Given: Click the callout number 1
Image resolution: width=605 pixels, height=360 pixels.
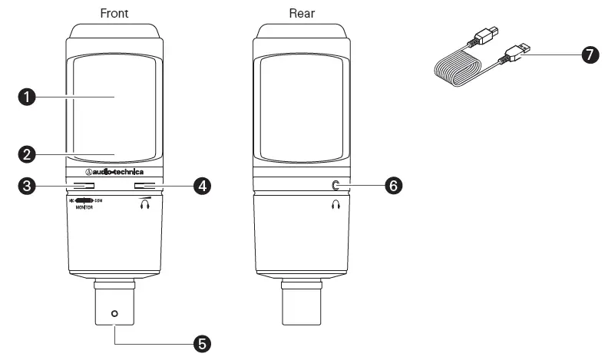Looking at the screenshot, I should pyautogui.click(x=27, y=97).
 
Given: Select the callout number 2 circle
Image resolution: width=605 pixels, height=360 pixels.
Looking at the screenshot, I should pyautogui.click(x=27, y=154).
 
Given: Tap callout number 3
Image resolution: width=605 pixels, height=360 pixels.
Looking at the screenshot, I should pyautogui.click(x=27, y=186).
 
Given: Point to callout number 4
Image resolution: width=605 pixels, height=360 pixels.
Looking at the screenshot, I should pyautogui.click(x=202, y=186).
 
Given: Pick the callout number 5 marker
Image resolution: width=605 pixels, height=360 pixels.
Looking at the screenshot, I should pyautogui.click(x=202, y=342).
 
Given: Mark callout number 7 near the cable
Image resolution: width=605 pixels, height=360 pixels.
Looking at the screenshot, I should pyautogui.click(x=590, y=56).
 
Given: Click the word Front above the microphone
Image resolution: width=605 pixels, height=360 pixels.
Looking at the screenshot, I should pyautogui.click(x=114, y=13).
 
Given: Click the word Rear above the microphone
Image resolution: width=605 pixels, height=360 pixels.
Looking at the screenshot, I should pyautogui.click(x=301, y=13).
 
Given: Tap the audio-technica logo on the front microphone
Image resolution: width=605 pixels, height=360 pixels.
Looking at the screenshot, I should pyautogui.click(x=114, y=172).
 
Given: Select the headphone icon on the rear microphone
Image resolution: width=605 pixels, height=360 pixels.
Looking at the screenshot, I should pyautogui.click(x=336, y=205).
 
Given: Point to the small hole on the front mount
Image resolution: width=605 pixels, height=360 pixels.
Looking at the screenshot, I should pyautogui.click(x=114, y=313).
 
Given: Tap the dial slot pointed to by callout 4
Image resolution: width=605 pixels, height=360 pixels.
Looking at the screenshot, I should pyautogui.click(x=149, y=185).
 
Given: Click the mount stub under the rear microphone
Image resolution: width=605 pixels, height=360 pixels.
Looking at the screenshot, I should pyautogui.click(x=301, y=307).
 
